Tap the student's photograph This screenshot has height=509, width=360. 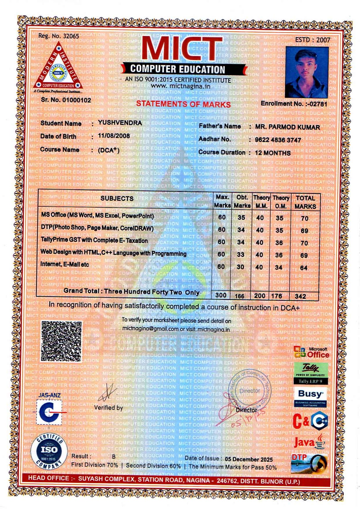307,72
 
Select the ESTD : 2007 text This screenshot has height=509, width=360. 313,40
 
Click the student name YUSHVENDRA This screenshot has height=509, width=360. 120,123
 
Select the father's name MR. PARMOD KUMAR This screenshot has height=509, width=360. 287,127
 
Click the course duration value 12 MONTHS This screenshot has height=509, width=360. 273,153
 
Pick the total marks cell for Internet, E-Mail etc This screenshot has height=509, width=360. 304,268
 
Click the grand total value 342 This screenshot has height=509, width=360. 300,296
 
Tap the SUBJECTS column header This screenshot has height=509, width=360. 117,199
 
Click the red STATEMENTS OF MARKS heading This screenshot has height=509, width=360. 183,104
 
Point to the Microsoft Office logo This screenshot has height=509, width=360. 312,352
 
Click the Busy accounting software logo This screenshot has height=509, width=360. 311,397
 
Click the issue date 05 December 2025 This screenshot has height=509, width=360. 249,459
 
